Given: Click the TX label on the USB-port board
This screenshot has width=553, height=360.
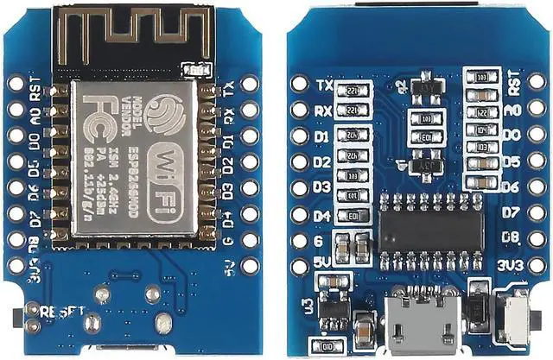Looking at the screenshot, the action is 325,85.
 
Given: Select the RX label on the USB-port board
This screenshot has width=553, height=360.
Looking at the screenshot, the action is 324,111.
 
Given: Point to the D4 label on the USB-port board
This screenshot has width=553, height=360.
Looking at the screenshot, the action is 322,216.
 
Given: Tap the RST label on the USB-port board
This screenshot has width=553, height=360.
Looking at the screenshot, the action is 513,85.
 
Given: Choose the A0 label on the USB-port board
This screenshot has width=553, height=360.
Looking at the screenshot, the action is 512,111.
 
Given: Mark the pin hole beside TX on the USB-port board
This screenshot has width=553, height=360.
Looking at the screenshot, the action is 300,85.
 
